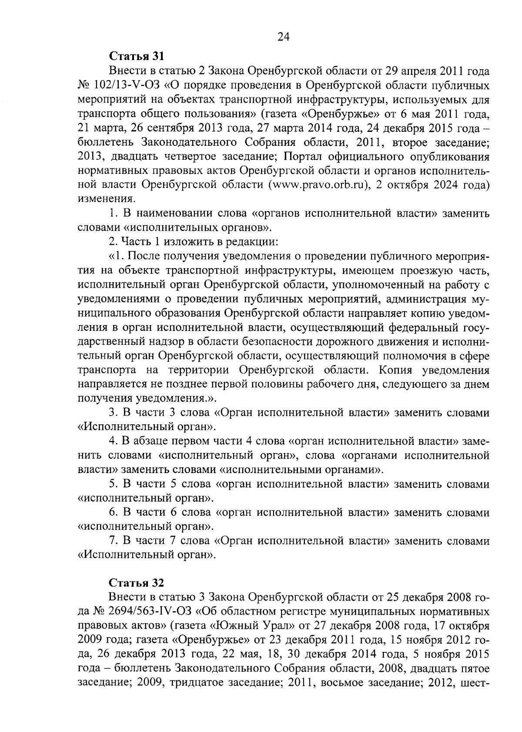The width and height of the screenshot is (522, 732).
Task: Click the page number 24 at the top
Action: [283, 37]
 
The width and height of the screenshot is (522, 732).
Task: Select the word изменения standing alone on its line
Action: [107, 199]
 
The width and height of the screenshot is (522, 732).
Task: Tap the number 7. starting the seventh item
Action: [114, 541]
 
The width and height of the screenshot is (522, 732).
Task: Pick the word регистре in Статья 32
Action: [276, 611]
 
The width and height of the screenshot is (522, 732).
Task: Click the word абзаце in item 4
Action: [145, 441]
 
